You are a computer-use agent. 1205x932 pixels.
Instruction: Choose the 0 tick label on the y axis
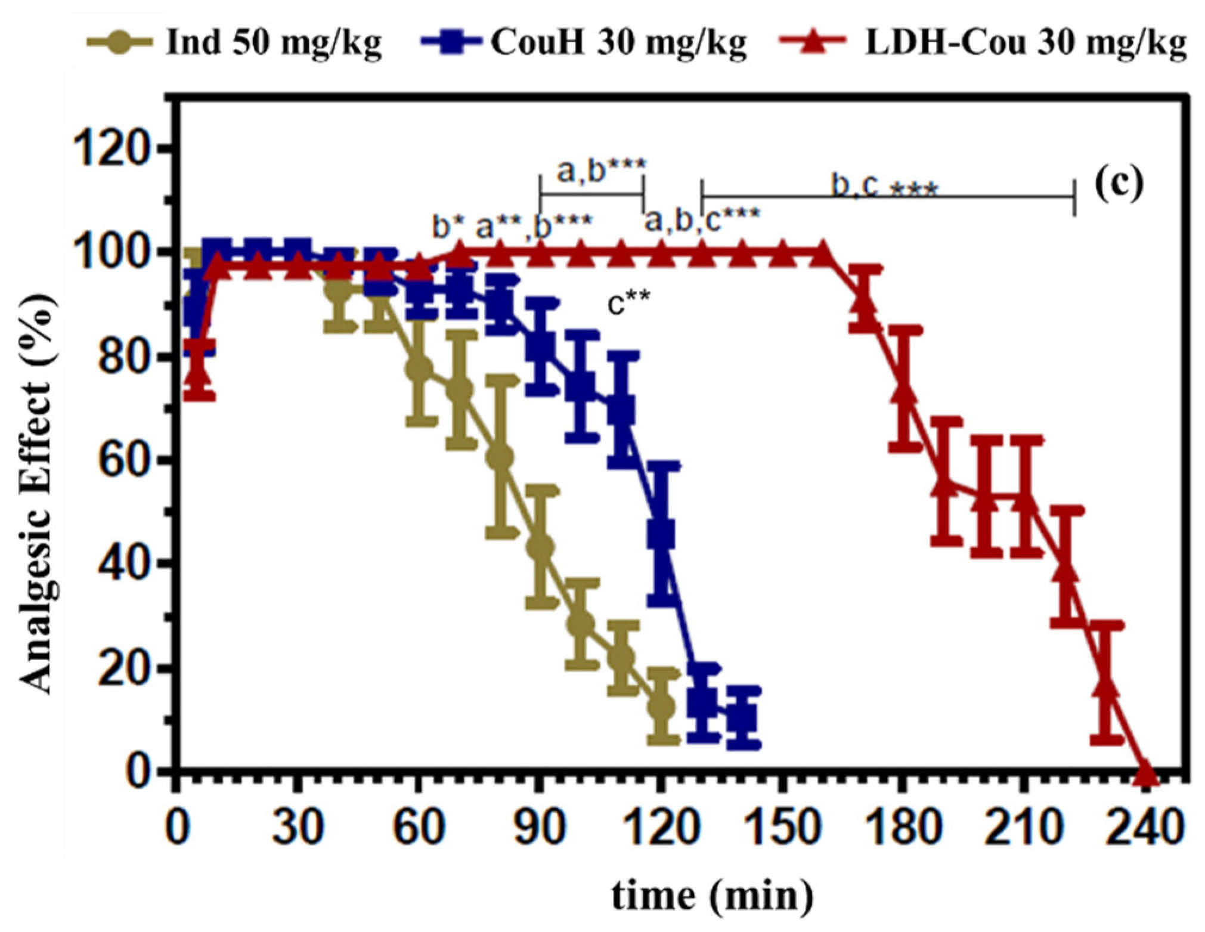click(x=145, y=772)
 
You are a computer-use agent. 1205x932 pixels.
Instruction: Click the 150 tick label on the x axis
click(x=781, y=828)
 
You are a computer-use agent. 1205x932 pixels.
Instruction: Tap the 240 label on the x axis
click(x=1144, y=828)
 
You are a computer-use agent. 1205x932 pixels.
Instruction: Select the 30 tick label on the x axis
click(x=296, y=828)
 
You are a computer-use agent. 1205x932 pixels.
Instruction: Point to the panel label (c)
click(x=1120, y=184)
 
